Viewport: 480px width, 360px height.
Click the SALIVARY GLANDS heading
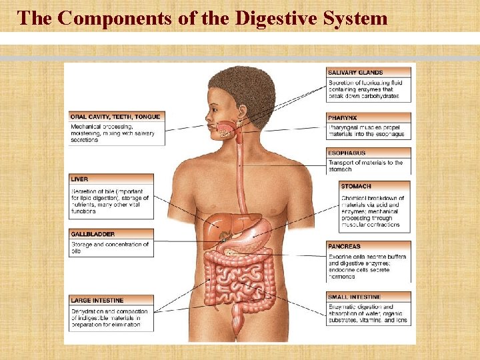(355, 72)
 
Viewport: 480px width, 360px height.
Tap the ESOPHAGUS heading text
(347, 153)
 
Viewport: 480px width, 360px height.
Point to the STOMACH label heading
(356, 186)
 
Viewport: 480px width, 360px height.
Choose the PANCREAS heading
(344, 246)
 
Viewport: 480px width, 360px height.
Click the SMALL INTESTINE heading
(355, 297)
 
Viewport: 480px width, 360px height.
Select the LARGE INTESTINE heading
(97, 301)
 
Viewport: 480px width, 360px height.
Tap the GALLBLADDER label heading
(93, 235)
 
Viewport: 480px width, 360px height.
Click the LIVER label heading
(79, 179)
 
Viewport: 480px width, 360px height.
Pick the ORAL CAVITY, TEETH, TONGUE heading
(115, 117)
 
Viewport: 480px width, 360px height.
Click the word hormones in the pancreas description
(343, 275)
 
